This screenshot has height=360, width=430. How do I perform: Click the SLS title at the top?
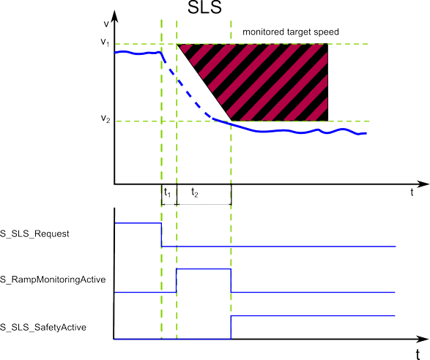204,7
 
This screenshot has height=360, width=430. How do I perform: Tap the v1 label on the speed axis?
105,42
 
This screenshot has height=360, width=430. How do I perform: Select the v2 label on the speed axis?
105,119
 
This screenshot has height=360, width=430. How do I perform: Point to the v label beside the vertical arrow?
106,24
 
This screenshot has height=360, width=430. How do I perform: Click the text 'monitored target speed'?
291,32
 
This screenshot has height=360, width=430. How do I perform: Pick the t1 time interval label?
167,192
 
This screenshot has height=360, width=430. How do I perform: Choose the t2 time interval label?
195,192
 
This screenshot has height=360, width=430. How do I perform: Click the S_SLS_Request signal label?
34,234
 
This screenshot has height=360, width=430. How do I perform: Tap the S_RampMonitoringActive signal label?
53,280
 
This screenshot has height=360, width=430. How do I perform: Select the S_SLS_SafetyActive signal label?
43,327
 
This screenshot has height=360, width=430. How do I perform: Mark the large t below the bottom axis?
418,354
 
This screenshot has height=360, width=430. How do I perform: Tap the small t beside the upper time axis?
412,192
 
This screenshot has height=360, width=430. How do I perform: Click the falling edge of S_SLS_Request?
161,235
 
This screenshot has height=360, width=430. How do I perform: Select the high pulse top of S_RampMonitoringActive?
204,269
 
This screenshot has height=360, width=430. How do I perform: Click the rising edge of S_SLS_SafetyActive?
231,327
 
